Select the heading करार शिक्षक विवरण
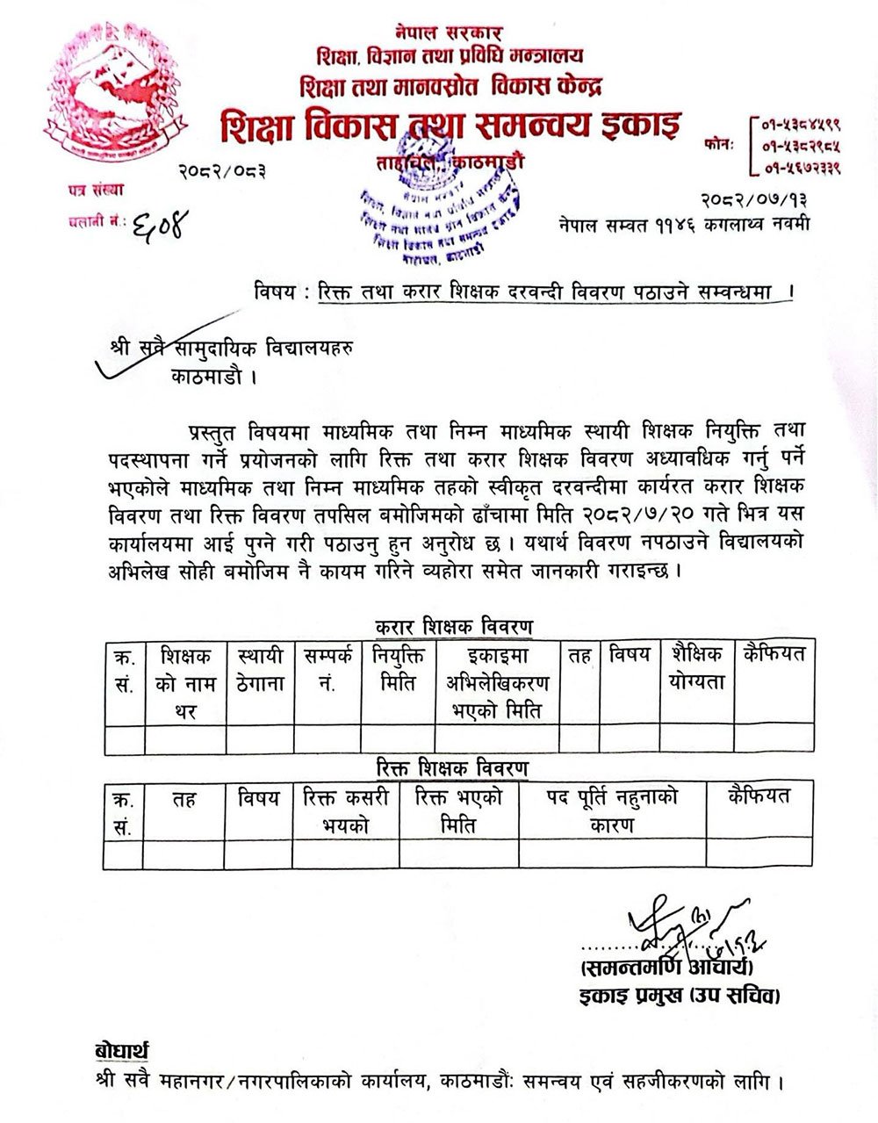coord(453,627)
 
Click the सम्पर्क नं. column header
coord(327,667)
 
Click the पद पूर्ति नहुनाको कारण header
coord(611,810)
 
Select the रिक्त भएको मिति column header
coord(459,810)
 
